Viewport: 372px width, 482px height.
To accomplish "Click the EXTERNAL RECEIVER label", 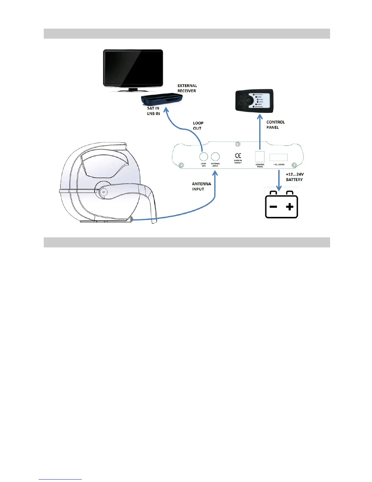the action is click(187, 88).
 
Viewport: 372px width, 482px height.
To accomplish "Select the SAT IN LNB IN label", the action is click(153, 111).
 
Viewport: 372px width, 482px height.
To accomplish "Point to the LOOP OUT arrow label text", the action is click(198, 126).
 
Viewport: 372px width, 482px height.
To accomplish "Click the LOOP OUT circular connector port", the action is click(204, 157).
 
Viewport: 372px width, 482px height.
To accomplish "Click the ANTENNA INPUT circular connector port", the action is click(215, 157).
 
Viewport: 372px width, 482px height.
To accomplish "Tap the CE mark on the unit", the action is click(238, 156).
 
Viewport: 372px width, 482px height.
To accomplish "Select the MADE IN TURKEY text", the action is click(238, 162).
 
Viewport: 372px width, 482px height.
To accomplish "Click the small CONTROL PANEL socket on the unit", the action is click(260, 157).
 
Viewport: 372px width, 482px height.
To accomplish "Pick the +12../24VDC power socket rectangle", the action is click(278, 157).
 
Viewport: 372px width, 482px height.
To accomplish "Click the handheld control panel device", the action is click(254, 101).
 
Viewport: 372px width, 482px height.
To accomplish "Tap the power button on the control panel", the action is click(249, 100).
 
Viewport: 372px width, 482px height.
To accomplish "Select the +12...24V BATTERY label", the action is click(294, 177).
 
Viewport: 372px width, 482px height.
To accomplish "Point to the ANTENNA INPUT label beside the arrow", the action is click(201, 187).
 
